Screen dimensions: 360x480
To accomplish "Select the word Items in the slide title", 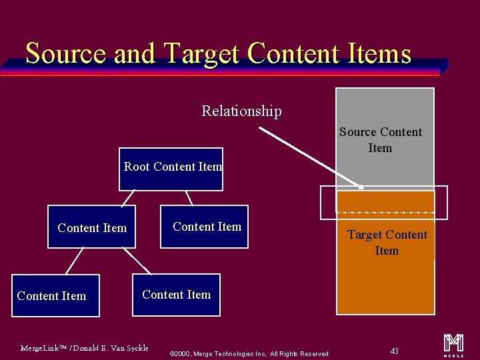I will [x=380, y=53].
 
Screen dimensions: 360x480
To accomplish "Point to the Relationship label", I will [x=241, y=111].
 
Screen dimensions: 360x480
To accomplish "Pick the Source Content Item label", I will [x=381, y=140].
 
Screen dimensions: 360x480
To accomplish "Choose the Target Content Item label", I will [x=387, y=243].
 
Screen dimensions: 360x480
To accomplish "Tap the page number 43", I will [x=395, y=351].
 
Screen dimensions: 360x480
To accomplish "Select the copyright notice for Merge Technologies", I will [x=249, y=353].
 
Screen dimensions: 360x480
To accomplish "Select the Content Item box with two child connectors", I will [x=91, y=227].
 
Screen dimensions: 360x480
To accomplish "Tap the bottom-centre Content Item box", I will [x=176, y=294].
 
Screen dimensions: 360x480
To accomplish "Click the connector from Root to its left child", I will [x=127, y=198].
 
